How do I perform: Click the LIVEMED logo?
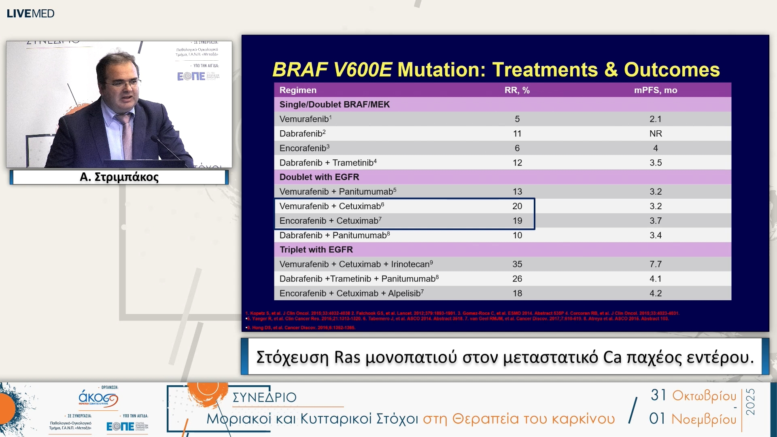point(30,13)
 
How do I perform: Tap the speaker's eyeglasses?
point(121,84)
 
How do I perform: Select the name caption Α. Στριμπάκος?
point(119,177)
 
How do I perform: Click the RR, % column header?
point(517,90)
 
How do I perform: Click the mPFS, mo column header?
point(655,90)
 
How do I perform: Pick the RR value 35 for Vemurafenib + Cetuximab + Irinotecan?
point(517,264)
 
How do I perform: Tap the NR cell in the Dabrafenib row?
point(655,134)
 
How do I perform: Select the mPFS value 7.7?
point(655,264)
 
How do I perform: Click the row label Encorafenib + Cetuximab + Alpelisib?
point(351,293)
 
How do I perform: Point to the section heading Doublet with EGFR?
point(319,177)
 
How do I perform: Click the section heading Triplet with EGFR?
point(316,250)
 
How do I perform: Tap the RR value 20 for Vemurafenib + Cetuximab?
point(517,206)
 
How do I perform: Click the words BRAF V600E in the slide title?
point(332,70)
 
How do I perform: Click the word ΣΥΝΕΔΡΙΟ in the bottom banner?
point(264,397)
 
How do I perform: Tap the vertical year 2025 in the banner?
point(750,402)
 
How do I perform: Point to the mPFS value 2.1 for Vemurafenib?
point(655,119)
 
